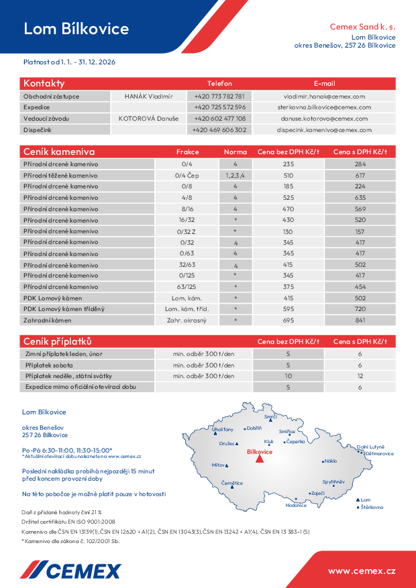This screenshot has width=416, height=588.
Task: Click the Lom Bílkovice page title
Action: coord(76,29)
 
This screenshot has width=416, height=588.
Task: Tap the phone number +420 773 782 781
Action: coord(219,96)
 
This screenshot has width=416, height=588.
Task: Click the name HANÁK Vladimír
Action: coord(148,96)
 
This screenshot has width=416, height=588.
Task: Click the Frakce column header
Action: coord(187,152)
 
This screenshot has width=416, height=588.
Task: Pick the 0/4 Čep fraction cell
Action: coord(187,175)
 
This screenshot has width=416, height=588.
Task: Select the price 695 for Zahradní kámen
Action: coord(289,320)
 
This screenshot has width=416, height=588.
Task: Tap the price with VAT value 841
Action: coord(360,320)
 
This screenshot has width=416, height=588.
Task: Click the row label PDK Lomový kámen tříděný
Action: coord(64,309)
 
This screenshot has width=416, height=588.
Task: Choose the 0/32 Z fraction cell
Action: coord(187,231)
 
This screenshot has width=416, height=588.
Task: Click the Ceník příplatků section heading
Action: coord(58,341)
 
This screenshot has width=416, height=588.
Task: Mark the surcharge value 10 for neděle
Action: coord(289,376)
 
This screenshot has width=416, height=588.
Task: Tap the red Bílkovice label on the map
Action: coord(260,452)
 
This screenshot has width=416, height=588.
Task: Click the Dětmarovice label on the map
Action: coord(379,454)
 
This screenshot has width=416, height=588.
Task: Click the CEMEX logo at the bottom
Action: coord(70,571)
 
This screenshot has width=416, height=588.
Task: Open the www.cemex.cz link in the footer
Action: coord(361,571)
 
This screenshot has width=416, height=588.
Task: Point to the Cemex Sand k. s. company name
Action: coord(362,27)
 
